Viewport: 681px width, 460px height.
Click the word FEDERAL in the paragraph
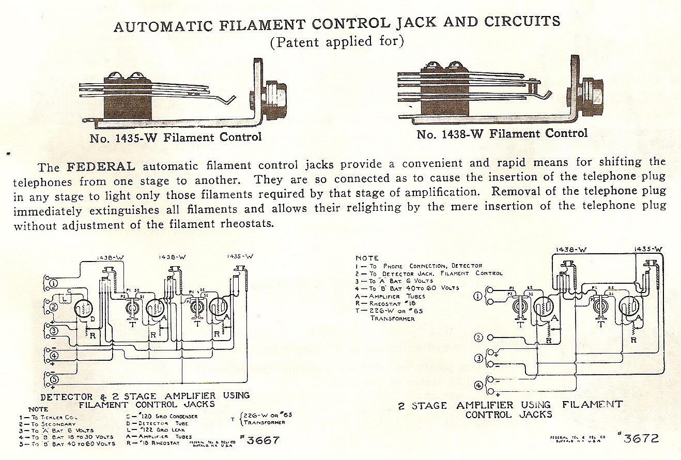pos(101,167)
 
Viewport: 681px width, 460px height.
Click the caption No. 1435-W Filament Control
pos(175,137)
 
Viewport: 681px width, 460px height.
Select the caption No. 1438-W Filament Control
pos(502,134)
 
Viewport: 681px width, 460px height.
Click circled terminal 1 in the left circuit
pos(53,283)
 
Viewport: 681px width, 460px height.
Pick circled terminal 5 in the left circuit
pos(53,379)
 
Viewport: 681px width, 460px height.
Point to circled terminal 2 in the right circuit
pos(478,338)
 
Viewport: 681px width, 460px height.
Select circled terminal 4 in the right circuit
pos(478,385)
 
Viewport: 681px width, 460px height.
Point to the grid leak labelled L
pos(64,299)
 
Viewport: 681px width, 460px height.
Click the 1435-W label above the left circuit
pos(240,256)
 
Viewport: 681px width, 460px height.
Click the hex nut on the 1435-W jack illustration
pos(272,96)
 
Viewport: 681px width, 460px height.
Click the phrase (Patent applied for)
pos(336,42)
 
